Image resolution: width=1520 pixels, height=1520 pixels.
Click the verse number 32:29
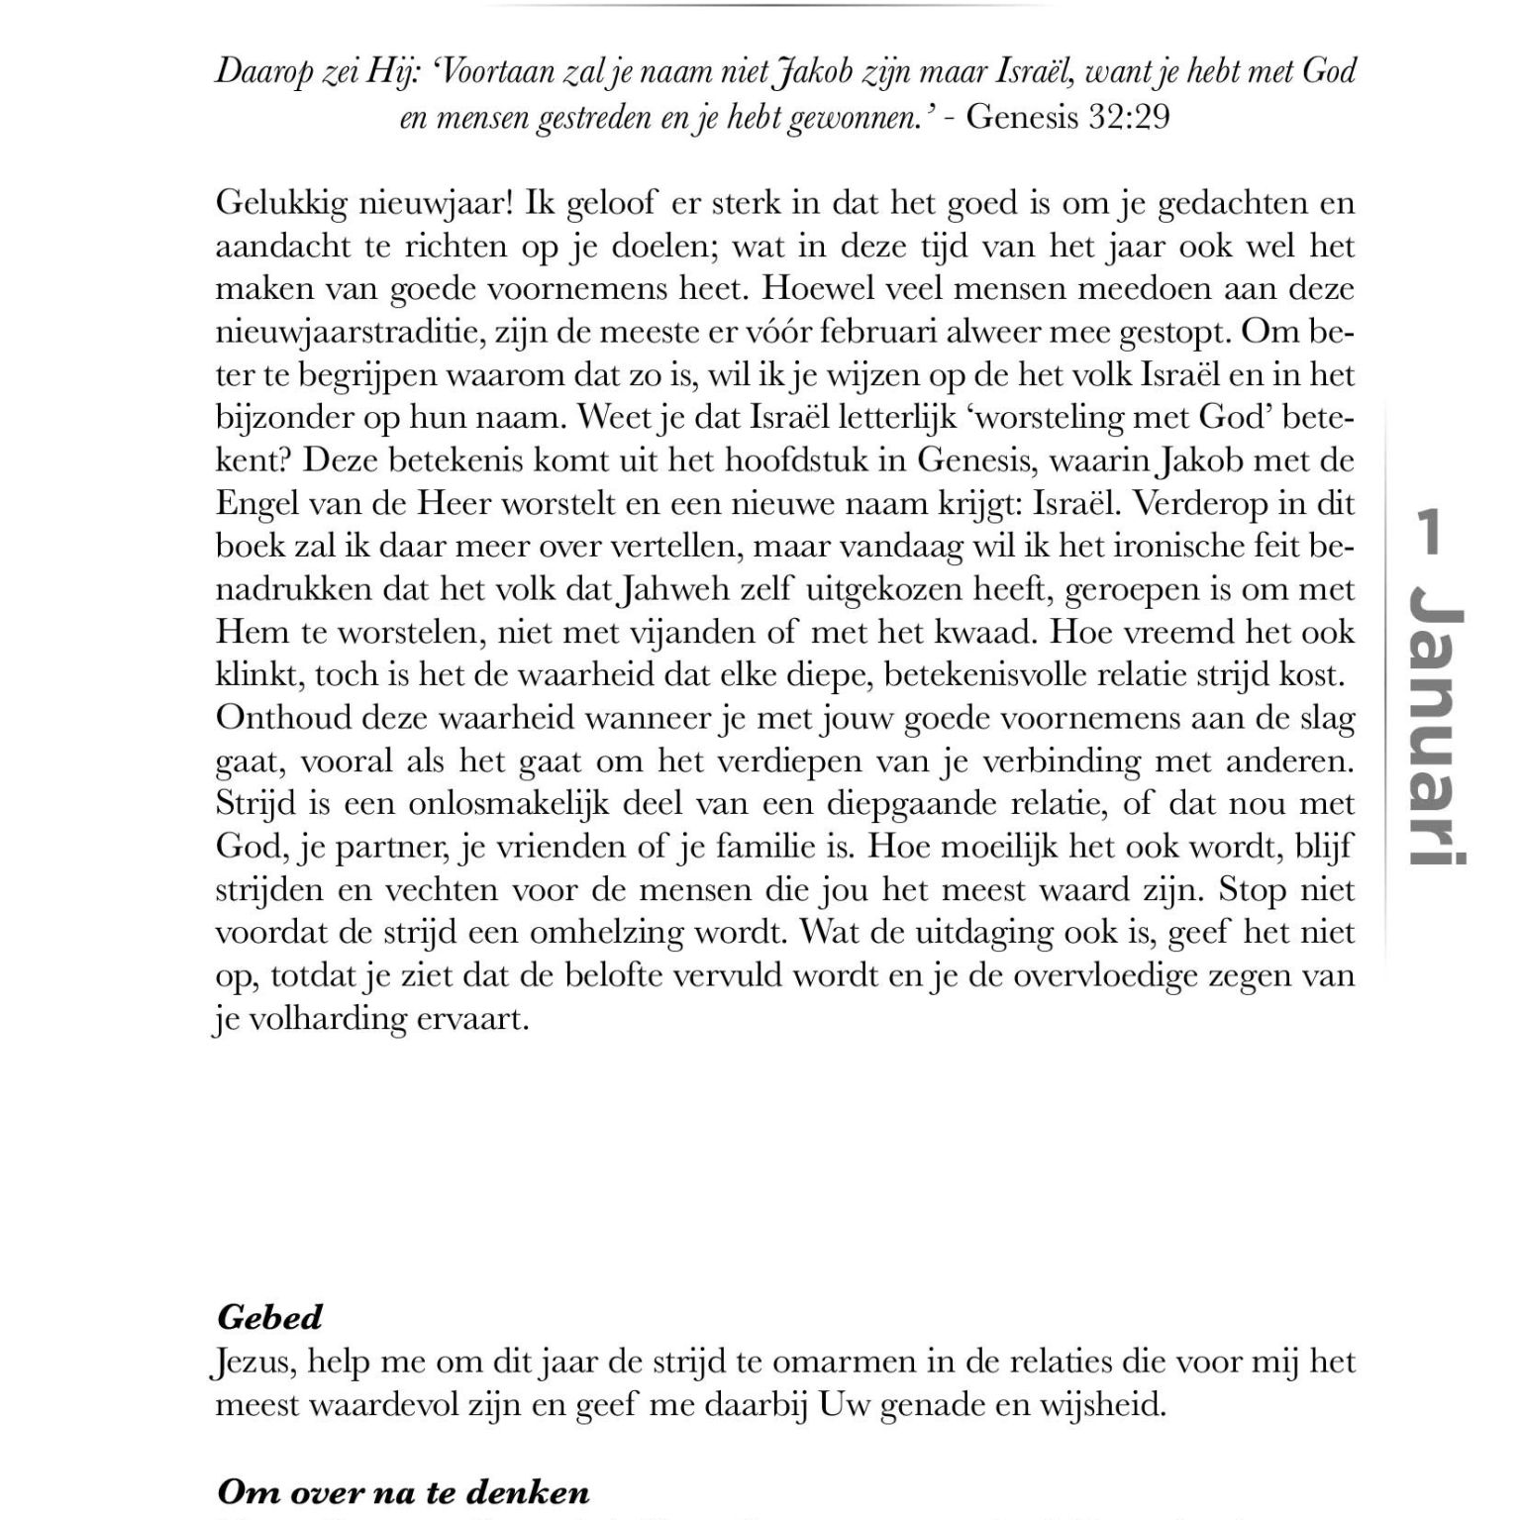pos(1129,117)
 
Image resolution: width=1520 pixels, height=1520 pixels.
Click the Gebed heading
pos(269,1318)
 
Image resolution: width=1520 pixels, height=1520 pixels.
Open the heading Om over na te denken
pos(402,1492)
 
